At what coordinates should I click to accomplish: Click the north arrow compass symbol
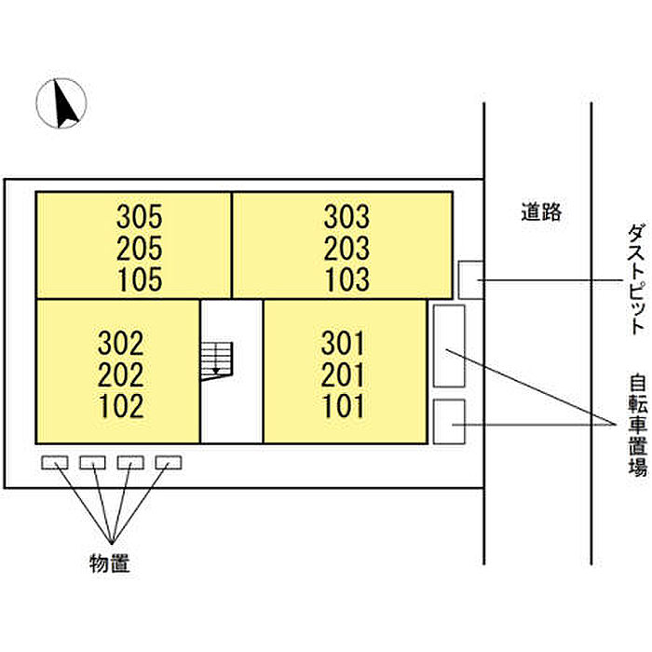[61, 103]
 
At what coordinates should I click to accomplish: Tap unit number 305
[140, 218]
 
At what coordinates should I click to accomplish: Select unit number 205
[140, 249]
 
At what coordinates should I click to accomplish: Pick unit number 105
[140, 278]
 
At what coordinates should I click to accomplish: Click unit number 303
[346, 218]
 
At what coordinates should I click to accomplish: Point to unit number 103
[346, 278]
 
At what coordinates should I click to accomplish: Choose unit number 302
[120, 344]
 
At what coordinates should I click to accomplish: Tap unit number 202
[120, 375]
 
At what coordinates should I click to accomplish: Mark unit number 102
[120, 406]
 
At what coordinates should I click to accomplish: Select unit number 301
[344, 344]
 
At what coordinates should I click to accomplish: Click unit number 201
[344, 375]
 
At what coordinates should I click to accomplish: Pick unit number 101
[344, 406]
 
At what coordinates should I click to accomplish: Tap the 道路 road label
[540, 212]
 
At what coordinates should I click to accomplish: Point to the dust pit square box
[470, 278]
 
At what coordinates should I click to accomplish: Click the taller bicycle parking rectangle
[449, 346]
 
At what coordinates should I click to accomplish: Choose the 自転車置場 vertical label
[637, 425]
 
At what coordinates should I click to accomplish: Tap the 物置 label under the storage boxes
[109, 563]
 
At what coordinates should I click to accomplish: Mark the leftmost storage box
[55, 462]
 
